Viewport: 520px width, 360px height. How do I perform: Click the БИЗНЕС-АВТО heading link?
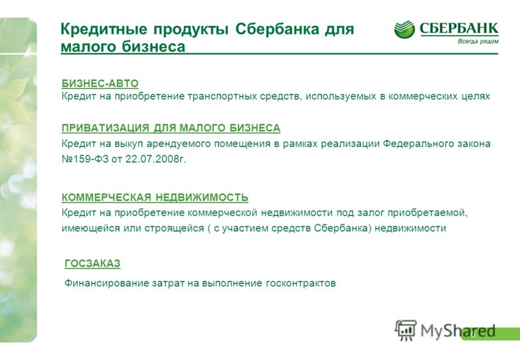[100, 83]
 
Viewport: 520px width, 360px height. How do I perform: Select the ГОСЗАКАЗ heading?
[92, 264]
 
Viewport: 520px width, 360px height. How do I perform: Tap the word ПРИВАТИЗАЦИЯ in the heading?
[105, 128]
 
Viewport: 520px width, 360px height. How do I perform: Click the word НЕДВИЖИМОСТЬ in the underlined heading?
[202, 198]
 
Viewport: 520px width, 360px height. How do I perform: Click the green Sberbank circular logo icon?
[404, 29]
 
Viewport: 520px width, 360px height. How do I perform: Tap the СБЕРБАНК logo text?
[459, 28]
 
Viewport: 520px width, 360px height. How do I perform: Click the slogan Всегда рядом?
[478, 42]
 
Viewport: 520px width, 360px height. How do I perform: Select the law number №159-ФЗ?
[85, 159]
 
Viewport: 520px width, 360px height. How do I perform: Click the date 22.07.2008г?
[156, 159]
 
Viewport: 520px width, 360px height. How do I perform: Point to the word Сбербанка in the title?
[277, 29]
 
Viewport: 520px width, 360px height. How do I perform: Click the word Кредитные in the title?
[103, 30]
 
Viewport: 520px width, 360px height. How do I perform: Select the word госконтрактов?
[301, 284]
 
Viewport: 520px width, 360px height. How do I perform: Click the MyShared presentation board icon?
[406, 330]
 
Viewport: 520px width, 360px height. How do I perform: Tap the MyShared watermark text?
[458, 331]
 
